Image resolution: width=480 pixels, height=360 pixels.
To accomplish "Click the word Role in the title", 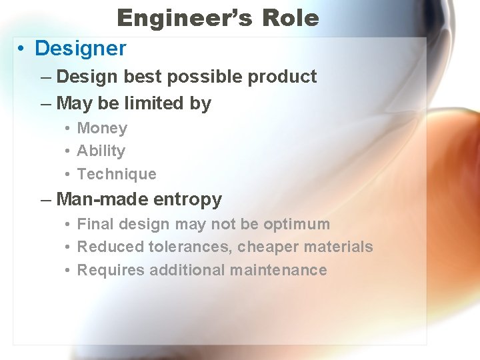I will click(291, 18).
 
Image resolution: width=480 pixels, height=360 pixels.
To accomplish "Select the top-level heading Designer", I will click(80, 49).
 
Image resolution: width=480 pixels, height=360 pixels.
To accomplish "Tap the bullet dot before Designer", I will click(23, 49).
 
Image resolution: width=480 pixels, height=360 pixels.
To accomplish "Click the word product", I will click(282, 77).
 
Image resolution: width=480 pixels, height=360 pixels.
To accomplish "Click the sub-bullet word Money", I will click(102, 128).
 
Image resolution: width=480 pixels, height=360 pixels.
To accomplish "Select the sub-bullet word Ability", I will click(101, 151).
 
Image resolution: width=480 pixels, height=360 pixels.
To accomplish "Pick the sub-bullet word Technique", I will click(117, 174).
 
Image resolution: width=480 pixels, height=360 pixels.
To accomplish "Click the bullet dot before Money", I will click(69, 128).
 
